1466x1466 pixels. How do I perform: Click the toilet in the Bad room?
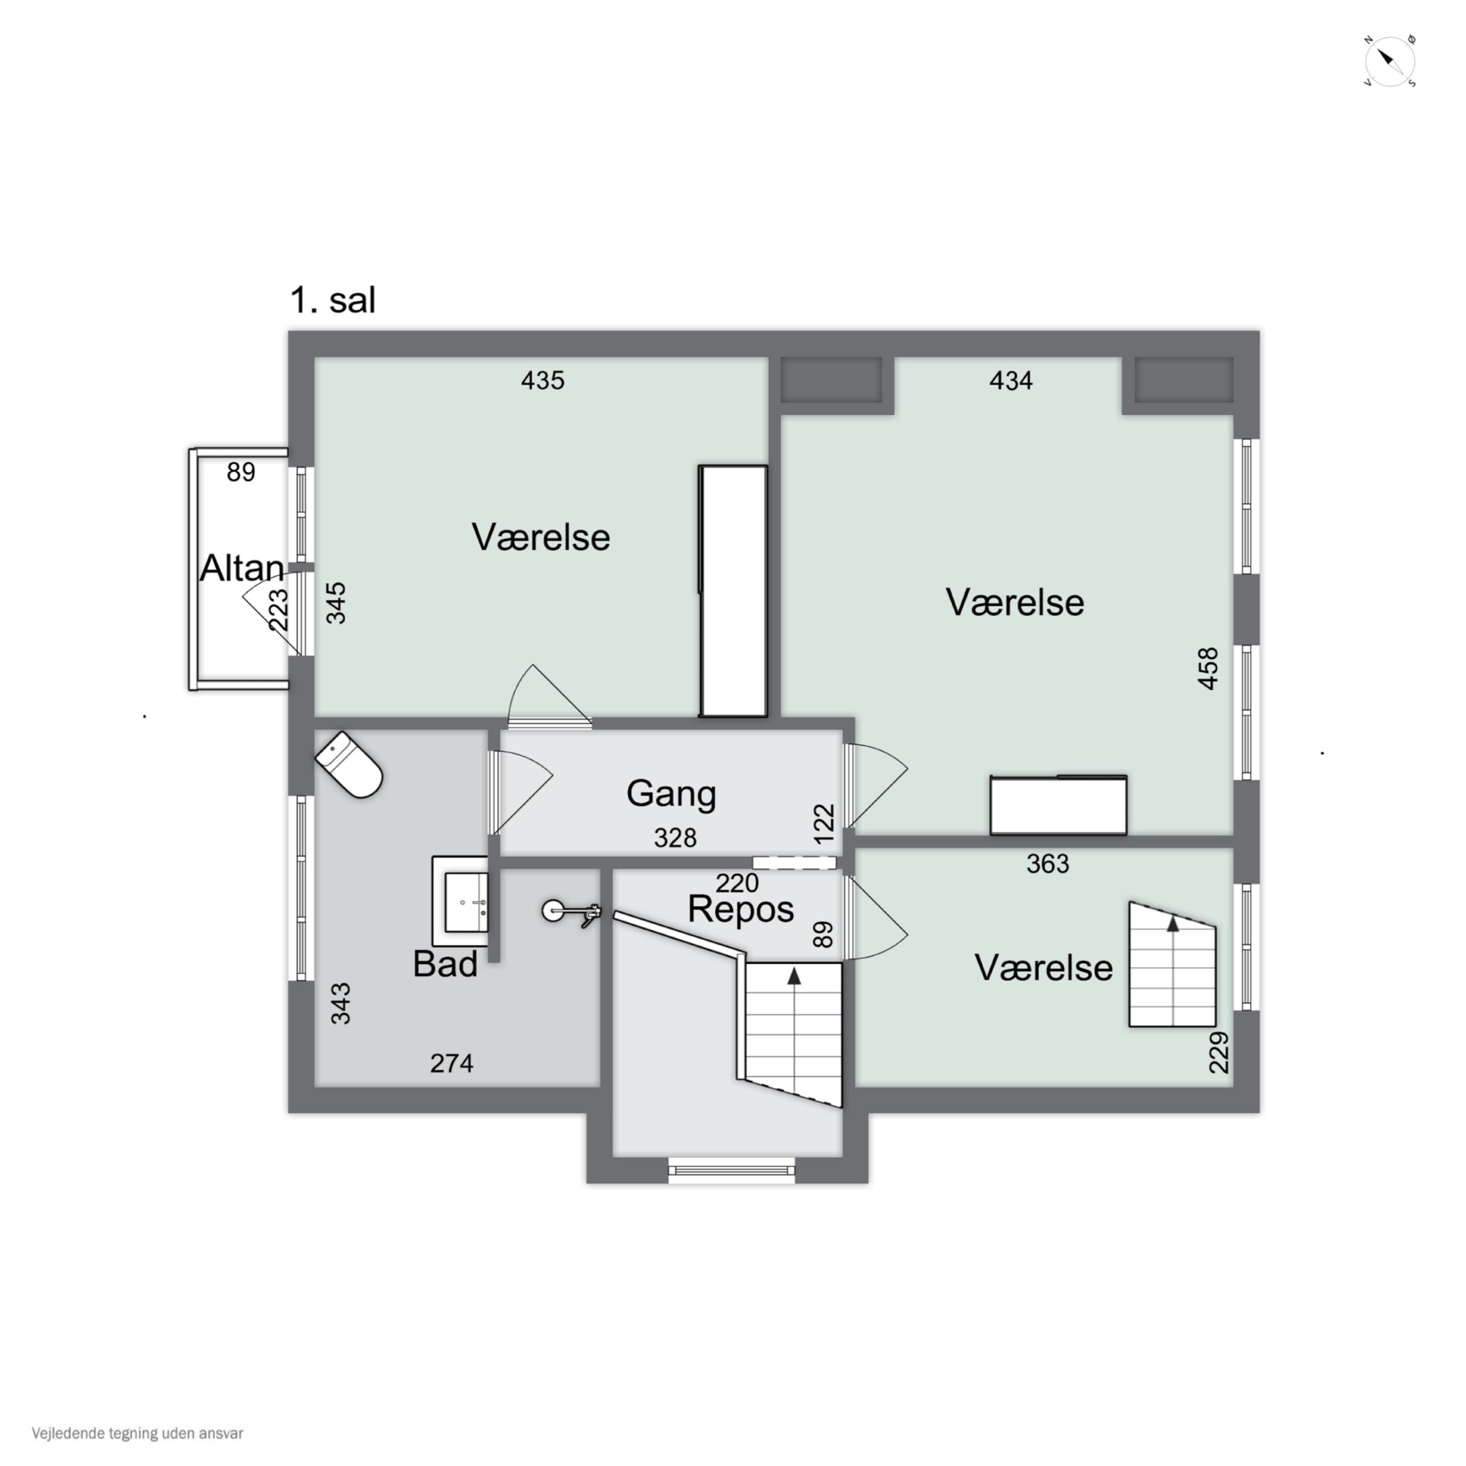[348, 764]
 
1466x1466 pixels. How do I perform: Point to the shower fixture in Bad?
[571, 913]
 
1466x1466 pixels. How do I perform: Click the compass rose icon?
[1390, 61]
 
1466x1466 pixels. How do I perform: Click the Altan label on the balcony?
[242, 568]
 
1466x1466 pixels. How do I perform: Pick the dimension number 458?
[1208, 668]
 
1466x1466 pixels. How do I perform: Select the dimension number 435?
[542, 380]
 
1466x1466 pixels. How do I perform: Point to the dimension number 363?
[1048, 863]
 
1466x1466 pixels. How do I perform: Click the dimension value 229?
[1219, 1053]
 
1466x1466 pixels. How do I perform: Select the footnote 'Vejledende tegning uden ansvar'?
[137, 1433]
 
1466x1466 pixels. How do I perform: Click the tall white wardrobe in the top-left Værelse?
[733, 591]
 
